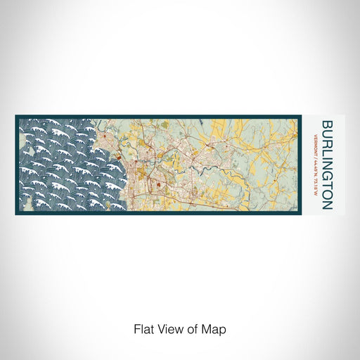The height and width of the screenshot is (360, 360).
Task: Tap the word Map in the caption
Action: (x=217, y=329)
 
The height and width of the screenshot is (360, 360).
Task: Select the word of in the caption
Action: (x=193, y=329)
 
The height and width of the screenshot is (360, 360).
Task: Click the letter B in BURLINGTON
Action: (x=327, y=124)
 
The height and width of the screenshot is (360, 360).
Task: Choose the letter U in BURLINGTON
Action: (x=327, y=134)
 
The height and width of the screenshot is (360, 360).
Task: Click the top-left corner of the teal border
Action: (x=15, y=116)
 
